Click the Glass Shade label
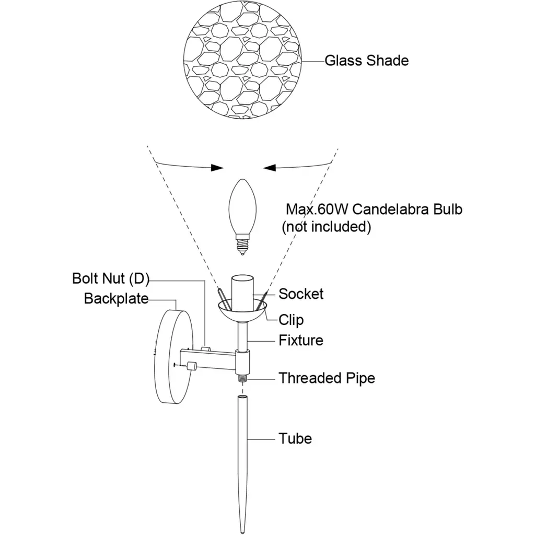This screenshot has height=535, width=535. pos(366,61)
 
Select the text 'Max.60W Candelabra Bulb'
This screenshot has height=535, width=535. pos(374,210)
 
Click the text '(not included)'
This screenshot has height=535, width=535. pos(326,227)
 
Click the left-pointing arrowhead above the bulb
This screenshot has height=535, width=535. pos(271,167)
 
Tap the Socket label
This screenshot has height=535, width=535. pos(300,294)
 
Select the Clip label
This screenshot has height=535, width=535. pos(290,319)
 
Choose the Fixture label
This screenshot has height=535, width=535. pos(300,341)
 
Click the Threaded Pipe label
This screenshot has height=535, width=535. pos(327,378)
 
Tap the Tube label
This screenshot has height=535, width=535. pos(295,438)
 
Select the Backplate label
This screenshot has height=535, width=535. pos(116,299)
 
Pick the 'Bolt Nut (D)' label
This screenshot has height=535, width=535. pos(110,278)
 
